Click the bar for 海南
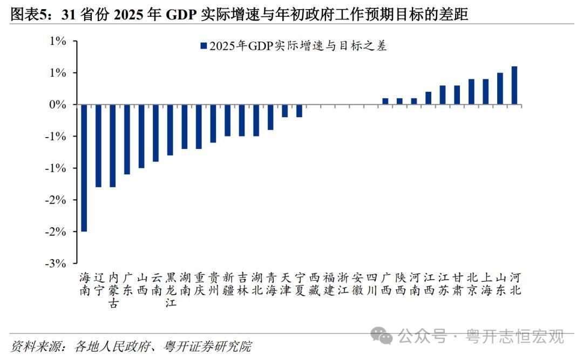84,168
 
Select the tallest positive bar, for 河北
514,85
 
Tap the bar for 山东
500,89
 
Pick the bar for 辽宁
98,146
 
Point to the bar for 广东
127,139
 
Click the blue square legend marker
204,46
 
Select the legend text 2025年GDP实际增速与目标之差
298,46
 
